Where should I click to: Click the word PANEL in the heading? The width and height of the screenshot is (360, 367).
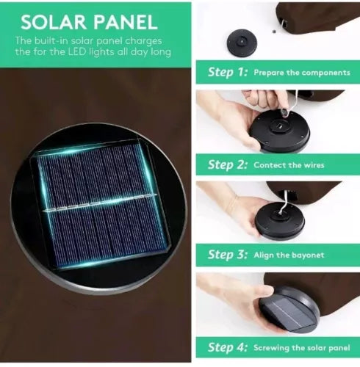125,22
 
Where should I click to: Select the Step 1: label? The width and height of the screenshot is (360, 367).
228,72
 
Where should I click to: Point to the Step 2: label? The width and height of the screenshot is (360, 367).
228,164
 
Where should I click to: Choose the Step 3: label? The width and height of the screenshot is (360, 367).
228,255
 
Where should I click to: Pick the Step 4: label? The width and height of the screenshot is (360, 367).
228,347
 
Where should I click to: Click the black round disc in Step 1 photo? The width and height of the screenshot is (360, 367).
242,43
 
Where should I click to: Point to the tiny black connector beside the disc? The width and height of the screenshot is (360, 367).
273,32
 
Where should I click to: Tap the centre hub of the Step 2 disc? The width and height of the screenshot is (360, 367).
279,126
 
